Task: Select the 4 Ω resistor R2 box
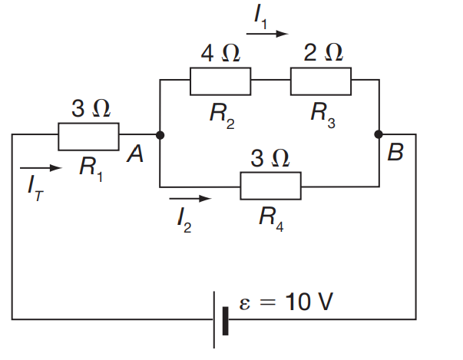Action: click(220, 81)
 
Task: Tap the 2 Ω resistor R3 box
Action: click(320, 81)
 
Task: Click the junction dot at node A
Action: click(160, 135)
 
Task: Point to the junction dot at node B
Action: click(378, 134)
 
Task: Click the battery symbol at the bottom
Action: click(220, 319)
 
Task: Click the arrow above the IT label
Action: click(38, 167)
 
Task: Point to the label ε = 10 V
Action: click(285, 302)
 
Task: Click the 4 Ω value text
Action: click(220, 53)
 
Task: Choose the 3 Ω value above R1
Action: click(91, 109)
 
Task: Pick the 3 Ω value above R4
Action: click(270, 158)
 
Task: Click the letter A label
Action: click(135, 154)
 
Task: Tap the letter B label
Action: click(395, 153)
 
